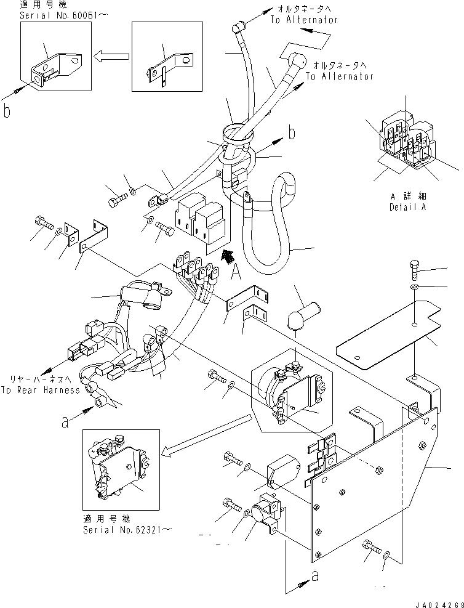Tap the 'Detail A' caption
point(407,207)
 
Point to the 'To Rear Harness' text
point(40,390)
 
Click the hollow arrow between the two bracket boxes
point(111,57)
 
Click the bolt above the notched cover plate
point(415,270)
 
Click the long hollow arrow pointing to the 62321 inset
point(206,437)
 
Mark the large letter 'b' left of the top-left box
point(7,111)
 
